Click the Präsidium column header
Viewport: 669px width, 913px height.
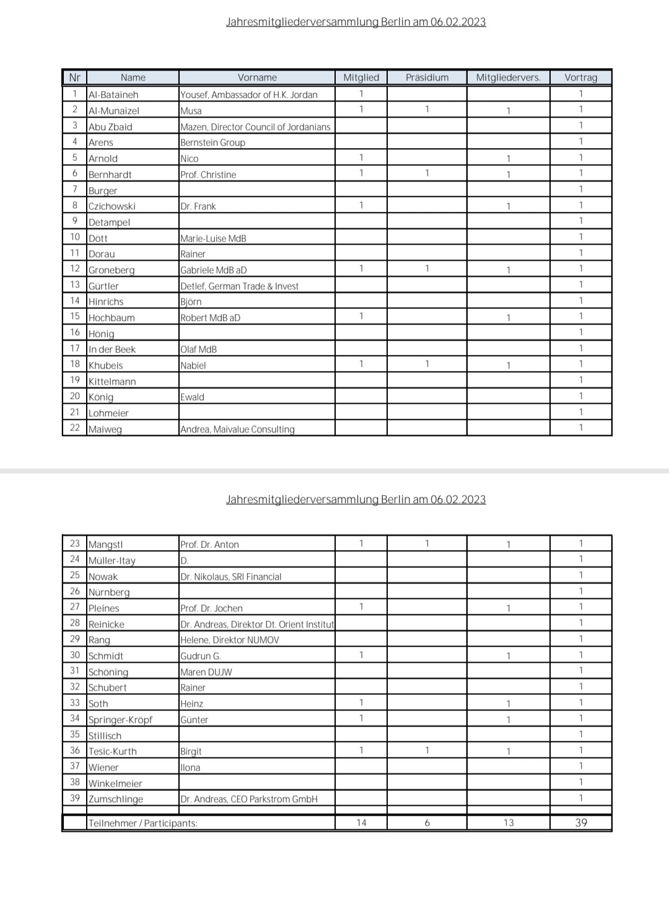(427, 77)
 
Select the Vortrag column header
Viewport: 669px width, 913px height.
(580, 77)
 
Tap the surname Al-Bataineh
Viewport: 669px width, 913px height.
(113, 95)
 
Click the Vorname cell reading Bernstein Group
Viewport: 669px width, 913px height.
(212, 142)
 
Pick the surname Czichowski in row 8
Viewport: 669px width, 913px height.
(111, 206)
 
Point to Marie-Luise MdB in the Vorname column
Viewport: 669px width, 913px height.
(213, 238)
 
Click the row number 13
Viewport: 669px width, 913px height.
(75, 285)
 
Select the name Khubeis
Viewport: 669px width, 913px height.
(105, 365)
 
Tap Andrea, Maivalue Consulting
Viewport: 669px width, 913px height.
(237, 429)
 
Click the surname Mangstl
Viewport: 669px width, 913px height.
(105, 544)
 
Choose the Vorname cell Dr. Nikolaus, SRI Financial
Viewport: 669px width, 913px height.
(230, 577)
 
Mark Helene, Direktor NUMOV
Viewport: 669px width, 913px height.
(229, 640)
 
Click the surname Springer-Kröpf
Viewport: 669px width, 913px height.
(120, 720)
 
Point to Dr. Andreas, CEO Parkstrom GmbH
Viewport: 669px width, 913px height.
(248, 799)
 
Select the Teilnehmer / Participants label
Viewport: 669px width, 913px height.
(142, 823)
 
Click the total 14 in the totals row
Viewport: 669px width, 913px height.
(361, 823)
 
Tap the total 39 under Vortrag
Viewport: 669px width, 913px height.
(580, 823)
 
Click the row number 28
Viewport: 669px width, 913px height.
(75, 623)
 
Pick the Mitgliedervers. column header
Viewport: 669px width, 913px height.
(508, 77)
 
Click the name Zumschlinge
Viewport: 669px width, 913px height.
(116, 799)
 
